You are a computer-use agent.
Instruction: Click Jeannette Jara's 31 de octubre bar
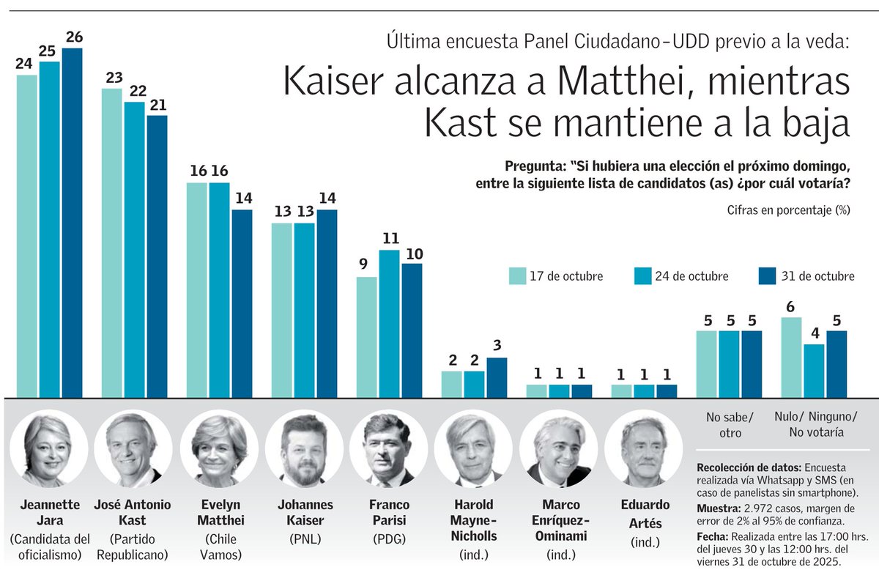pos(72,223)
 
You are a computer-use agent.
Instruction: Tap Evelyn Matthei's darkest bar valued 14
pos(242,303)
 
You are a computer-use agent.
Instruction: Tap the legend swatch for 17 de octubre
pos(517,276)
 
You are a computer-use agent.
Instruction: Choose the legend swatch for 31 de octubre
pos(768,276)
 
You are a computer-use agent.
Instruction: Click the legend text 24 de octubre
pos(691,276)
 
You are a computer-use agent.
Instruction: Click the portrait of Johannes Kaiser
pos(304,448)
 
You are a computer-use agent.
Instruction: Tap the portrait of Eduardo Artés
pos(644,448)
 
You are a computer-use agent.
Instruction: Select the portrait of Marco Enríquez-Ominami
pos(558,448)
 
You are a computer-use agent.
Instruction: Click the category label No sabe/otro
pos(729,425)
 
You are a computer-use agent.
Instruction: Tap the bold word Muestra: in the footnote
pos(721,508)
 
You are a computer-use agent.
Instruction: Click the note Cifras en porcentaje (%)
pos(788,210)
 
